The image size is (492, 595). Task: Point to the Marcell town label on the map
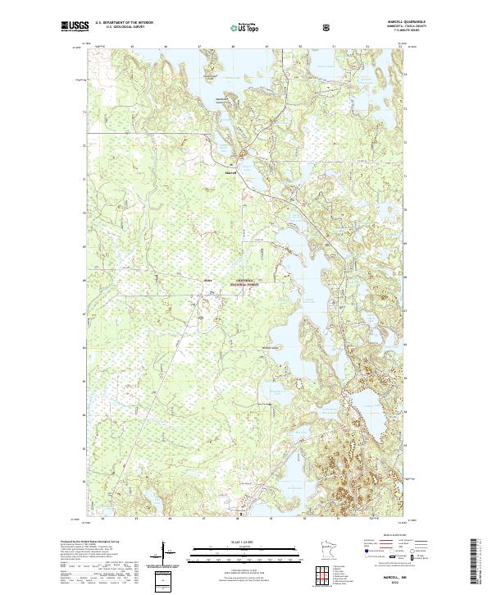pos(230,173)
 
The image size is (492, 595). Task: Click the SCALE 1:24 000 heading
pos(243,539)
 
